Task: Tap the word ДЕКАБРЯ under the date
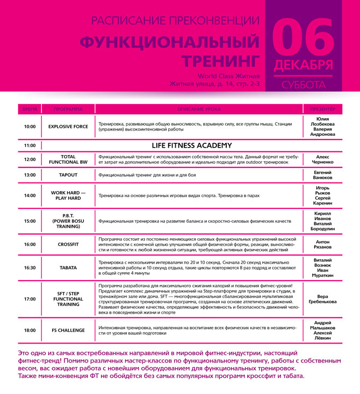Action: click(x=303, y=65)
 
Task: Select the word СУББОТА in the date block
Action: click(x=303, y=84)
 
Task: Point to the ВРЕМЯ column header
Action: click(x=30, y=109)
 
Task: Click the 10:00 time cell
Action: click(x=30, y=127)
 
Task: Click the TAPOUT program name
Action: click(x=68, y=175)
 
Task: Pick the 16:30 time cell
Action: click(x=30, y=267)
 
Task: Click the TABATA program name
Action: click(x=68, y=267)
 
